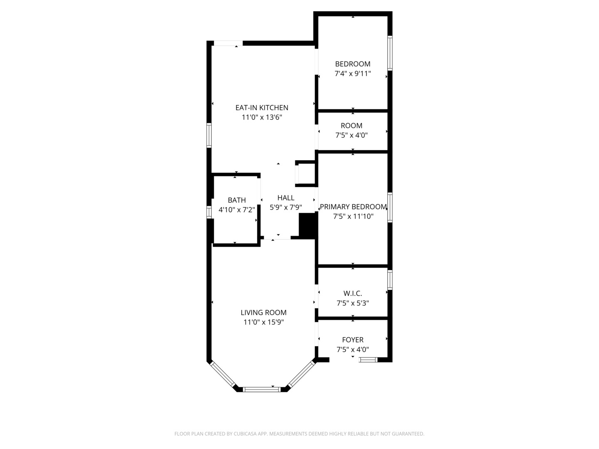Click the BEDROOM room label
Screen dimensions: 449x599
click(x=352, y=64)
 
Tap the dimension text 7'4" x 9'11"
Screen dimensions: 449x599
click(x=352, y=74)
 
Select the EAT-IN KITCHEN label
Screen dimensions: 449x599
click(x=262, y=107)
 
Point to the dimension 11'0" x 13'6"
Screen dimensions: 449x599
click(x=262, y=117)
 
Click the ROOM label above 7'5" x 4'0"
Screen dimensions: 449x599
click(x=351, y=126)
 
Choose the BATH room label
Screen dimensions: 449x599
click(x=237, y=200)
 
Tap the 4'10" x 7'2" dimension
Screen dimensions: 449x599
click(x=237, y=210)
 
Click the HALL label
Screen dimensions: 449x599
click(x=286, y=197)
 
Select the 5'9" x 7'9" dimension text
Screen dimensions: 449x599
click(x=286, y=207)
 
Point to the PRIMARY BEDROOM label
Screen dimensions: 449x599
click(x=353, y=207)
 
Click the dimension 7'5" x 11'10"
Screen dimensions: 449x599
click(x=353, y=216)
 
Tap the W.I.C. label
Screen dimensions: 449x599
click(x=352, y=294)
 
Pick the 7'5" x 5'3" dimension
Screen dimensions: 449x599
click(x=352, y=303)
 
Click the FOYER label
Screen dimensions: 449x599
click(x=352, y=340)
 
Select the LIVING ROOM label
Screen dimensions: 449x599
click(x=263, y=312)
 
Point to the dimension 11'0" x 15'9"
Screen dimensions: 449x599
click(x=263, y=322)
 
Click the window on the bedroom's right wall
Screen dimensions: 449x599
click(x=390, y=53)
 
